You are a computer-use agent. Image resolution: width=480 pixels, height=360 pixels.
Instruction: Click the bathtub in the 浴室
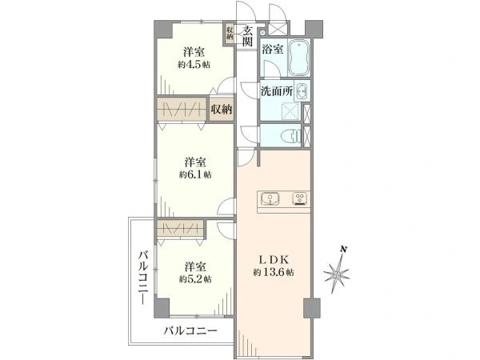[299, 58]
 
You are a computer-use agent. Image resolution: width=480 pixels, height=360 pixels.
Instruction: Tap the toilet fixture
[291, 135]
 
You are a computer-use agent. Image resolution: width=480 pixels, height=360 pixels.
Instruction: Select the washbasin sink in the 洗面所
[302, 91]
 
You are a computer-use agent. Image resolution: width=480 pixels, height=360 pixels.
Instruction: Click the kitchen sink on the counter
[270, 198]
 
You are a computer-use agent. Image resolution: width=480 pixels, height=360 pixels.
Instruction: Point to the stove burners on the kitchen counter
[300, 198]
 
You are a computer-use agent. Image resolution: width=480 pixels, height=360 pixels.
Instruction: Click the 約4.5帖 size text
[194, 65]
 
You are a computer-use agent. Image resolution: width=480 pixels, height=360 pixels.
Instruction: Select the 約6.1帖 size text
[195, 174]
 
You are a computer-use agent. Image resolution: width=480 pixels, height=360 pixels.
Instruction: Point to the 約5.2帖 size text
[195, 279]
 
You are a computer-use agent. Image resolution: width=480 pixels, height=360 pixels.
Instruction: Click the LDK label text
[274, 259]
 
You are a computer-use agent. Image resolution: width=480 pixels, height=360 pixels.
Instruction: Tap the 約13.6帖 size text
[274, 272]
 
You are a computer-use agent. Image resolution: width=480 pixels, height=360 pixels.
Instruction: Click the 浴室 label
[273, 50]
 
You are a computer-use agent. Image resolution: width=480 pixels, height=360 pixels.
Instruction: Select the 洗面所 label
[277, 91]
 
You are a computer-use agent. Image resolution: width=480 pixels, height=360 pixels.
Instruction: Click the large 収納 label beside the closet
[222, 109]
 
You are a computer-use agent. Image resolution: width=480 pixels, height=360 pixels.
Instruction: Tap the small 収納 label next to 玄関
[230, 33]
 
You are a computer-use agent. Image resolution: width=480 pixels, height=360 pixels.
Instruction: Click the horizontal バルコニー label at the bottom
[190, 330]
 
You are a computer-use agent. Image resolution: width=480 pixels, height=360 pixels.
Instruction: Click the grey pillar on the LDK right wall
[312, 308]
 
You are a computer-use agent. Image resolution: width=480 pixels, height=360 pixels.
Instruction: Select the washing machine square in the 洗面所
[291, 111]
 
